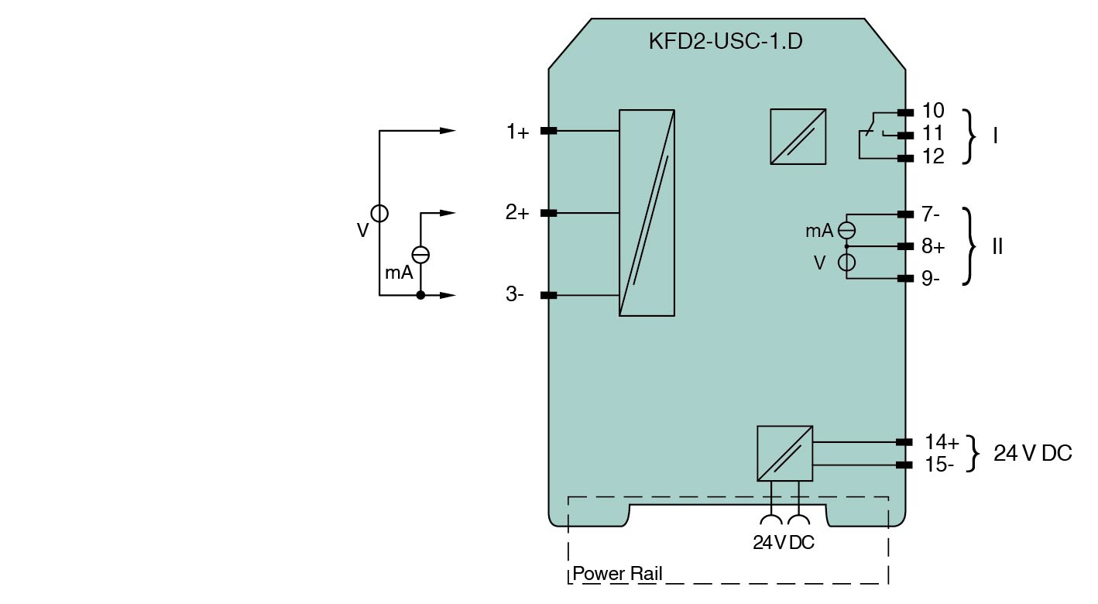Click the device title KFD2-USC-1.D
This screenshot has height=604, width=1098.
(725, 41)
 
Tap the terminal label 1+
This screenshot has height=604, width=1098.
(517, 132)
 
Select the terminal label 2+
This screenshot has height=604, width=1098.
(517, 212)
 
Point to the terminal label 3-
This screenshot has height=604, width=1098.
(515, 294)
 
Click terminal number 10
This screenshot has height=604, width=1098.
(933, 112)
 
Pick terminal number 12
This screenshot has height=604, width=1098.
(933, 157)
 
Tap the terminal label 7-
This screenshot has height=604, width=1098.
(931, 213)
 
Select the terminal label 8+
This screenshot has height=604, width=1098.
(933, 247)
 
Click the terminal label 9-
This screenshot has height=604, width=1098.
(931, 279)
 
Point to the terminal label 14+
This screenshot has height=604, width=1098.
(942, 442)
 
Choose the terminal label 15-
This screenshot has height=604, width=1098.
(939, 465)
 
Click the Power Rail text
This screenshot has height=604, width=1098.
(617, 574)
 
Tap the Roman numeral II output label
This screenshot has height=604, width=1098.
(997, 247)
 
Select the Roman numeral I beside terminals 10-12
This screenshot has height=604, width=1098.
(995, 136)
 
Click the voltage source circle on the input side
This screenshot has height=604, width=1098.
(379, 213)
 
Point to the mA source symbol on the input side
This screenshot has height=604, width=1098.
(420, 254)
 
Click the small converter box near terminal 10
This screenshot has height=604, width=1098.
(798, 136)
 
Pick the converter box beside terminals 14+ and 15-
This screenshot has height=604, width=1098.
(784, 453)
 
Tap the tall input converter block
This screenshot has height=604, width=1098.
(647, 212)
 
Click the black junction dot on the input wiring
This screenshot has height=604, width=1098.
(420, 295)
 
